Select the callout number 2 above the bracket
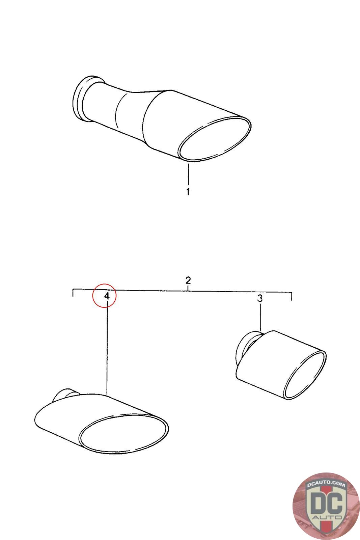[188, 280]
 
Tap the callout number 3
[260, 298]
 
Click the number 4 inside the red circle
[107, 296]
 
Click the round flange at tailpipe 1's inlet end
[80, 99]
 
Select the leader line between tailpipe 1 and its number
[188, 174]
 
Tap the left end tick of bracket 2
[73, 292]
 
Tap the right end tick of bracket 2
[292, 296]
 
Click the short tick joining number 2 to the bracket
[188, 288]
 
